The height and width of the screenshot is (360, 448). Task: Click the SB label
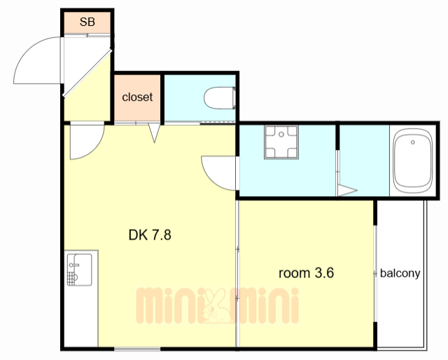tap(87, 22)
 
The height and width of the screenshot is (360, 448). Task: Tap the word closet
tap(137, 97)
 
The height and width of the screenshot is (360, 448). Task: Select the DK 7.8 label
tap(150, 235)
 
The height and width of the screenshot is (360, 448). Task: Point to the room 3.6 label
tap(306, 272)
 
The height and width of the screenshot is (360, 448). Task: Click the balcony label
tap(400, 273)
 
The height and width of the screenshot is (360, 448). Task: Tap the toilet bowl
tap(220, 98)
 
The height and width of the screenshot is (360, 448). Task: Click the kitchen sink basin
tap(79, 270)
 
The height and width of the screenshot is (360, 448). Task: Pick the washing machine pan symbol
tap(281, 142)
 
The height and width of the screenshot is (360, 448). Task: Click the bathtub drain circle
tap(412, 142)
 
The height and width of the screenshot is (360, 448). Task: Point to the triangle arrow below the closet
tap(154, 132)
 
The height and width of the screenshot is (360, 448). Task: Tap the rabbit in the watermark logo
tap(216, 306)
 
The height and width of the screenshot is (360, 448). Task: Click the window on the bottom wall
tap(137, 349)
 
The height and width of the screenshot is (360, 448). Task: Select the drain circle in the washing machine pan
tap(281, 134)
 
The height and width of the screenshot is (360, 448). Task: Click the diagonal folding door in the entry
tap(87, 74)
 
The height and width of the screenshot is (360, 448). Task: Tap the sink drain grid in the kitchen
tap(72, 279)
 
